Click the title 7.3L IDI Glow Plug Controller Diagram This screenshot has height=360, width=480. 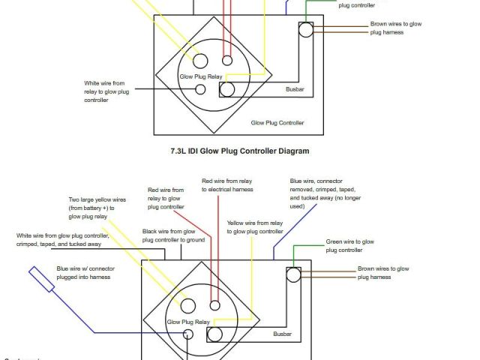[x=240, y=151]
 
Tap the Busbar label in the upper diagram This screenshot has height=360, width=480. [x=295, y=90]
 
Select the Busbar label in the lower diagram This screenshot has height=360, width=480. [x=282, y=334]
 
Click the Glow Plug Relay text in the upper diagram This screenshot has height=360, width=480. [x=199, y=76]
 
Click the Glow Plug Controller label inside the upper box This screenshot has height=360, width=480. [x=277, y=122]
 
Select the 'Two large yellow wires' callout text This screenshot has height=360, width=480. [x=97, y=208]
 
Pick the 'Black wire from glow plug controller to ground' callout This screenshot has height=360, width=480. [x=173, y=235]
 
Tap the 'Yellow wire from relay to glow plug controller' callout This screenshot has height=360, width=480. [x=255, y=227]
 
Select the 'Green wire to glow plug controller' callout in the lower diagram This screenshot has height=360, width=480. [x=349, y=246]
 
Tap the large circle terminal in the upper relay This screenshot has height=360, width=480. [x=201, y=60]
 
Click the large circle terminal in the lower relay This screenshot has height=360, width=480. [x=186, y=304]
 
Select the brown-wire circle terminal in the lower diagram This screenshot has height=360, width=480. [x=293, y=274]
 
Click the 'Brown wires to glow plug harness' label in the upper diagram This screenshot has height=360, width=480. [x=395, y=28]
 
